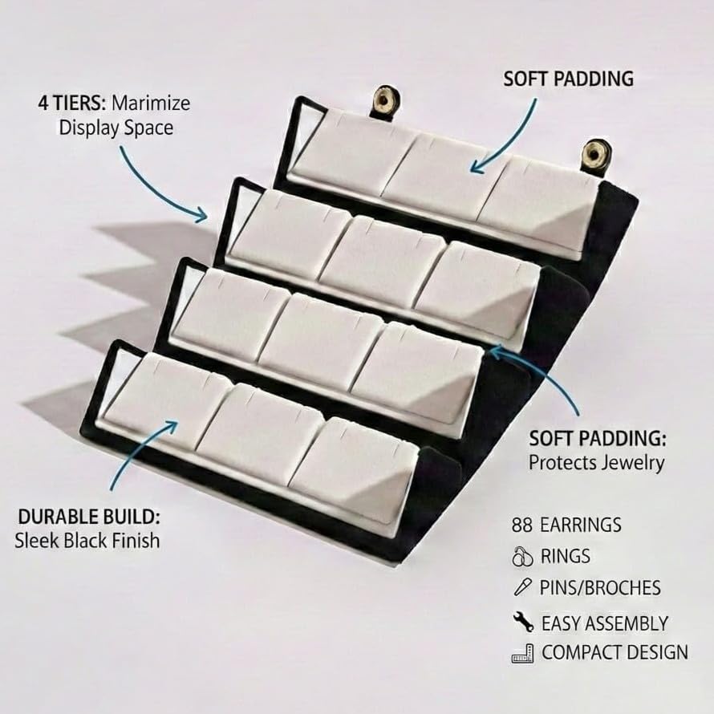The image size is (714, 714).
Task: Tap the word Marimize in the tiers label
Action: click(151, 103)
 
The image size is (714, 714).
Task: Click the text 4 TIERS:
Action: click(72, 103)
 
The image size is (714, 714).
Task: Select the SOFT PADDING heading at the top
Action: click(568, 79)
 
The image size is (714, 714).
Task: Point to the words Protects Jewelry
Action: click(596, 463)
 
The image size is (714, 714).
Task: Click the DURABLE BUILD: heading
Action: click(89, 517)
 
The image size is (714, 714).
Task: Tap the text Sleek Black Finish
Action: click(87, 541)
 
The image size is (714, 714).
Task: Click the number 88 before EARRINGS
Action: click(521, 525)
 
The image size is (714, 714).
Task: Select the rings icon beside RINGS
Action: click(522, 557)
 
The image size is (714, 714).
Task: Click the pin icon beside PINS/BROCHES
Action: click(521, 587)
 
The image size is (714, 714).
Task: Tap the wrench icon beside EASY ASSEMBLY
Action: click(523, 622)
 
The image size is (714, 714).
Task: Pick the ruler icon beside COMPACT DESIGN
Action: click(522, 653)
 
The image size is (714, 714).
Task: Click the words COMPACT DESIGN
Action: click(615, 652)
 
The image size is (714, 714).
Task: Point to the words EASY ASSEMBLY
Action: click(605, 623)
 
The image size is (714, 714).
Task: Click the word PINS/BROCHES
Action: click(600, 588)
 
